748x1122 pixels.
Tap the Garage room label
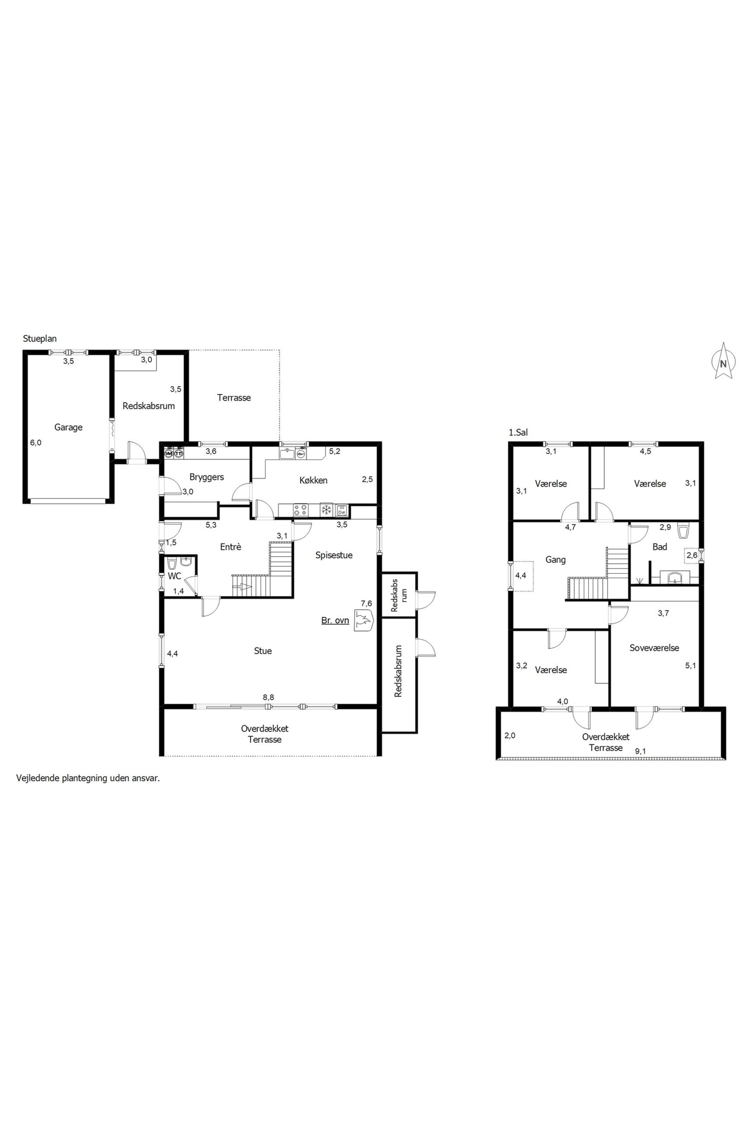tap(68, 427)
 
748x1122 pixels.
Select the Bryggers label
tap(207, 477)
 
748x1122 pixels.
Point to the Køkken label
tap(313, 480)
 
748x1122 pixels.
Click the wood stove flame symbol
tap(364, 621)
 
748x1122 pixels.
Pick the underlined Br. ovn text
tap(335, 621)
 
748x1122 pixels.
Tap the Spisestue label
tap(334, 555)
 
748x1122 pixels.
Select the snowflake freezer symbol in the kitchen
tap(327, 510)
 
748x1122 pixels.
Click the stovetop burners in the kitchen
tap(300, 510)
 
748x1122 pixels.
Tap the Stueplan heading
tap(40, 339)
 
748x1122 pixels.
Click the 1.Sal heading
tap(518, 433)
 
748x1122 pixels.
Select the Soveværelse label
tap(654, 648)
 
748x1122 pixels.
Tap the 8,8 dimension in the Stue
tap(268, 697)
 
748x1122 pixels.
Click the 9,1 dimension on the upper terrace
tap(641, 751)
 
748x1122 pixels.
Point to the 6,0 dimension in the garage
tap(36, 442)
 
